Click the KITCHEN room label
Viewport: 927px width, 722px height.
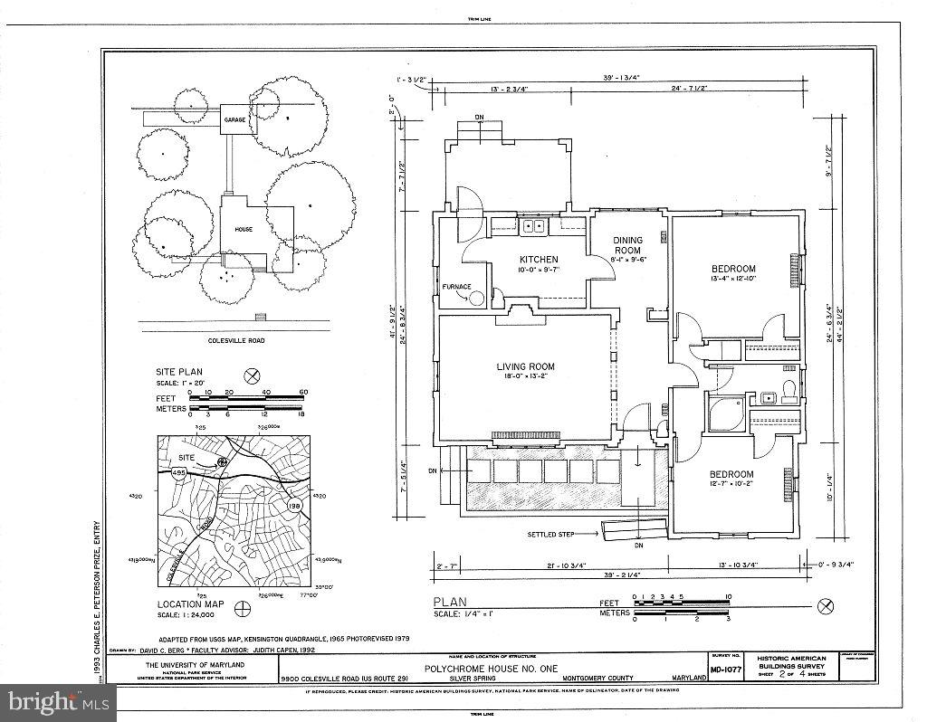pos(538,260)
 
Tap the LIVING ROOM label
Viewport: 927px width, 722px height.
pos(525,366)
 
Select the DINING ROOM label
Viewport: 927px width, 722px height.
pos(627,244)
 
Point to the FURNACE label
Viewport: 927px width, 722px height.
pos(456,287)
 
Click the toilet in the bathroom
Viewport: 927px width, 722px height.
pos(788,390)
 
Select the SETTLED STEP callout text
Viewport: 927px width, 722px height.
pos(551,535)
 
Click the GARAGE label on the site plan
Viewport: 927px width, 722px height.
pos(235,119)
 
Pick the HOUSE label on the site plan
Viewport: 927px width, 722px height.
pos(244,230)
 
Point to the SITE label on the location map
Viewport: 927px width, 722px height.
pos(186,458)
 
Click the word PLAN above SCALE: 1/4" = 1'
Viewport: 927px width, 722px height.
pos(449,603)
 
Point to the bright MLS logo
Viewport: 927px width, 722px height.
pos(58,701)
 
